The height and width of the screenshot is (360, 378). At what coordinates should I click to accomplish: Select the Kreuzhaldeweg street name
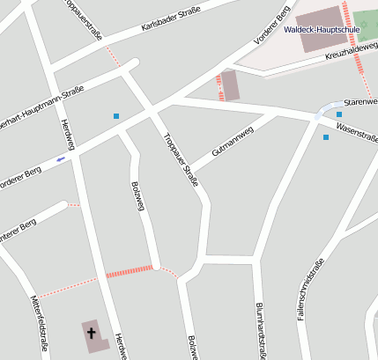point(351,52)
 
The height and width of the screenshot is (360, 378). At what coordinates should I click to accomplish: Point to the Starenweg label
point(360,101)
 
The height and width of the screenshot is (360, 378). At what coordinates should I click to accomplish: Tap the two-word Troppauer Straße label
point(181,160)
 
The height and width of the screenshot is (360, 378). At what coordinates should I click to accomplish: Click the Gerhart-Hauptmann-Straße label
point(41,106)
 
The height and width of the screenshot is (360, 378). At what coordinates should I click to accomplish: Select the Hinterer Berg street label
point(15,233)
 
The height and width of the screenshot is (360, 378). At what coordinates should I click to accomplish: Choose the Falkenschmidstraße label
point(313,289)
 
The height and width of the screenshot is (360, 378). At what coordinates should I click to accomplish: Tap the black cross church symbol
point(91,332)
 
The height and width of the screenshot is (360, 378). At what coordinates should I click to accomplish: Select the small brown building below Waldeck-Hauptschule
point(230,85)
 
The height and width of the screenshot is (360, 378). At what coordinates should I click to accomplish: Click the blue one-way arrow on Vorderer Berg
point(60,159)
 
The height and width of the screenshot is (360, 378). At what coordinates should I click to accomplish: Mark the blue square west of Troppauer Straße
point(115,116)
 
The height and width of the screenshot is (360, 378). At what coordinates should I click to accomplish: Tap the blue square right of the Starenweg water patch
point(339,114)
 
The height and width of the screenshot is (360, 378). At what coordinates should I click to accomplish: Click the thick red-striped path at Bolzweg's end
point(129,272)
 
